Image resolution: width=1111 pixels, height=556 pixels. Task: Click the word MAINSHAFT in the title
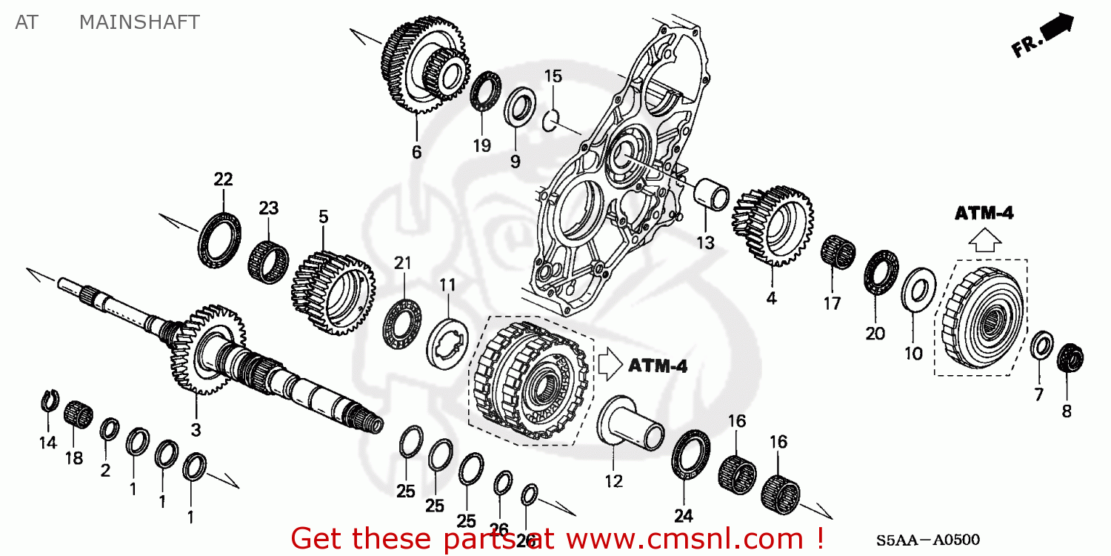[x=139, y=22]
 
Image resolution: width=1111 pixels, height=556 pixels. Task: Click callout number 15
[x=553, y=76]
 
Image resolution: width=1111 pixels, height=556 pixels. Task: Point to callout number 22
[x=223, y=179]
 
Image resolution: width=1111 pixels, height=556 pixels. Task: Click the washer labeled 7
[x=1043, y=345]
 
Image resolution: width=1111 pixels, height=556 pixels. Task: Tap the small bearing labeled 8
[x=1069, y=358]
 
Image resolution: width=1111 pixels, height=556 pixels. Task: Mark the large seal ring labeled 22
[x=219, y=236]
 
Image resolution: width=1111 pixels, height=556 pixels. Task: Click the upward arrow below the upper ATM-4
[x=984, y=239]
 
